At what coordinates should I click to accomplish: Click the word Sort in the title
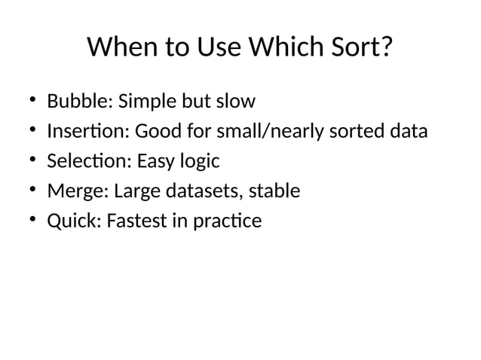(x=354, y=48)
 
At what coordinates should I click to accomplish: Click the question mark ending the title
(x=386, y=48)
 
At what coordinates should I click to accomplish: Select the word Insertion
(x=89, y=132)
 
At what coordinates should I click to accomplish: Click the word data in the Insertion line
(x=409, y=132)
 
